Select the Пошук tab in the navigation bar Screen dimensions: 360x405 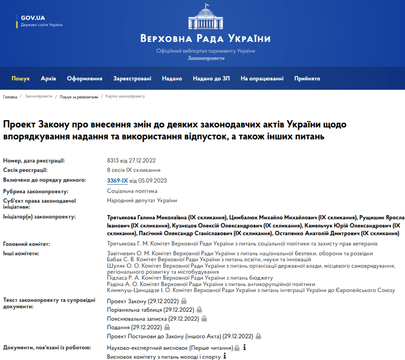pyautogui.click(x=21, y=79)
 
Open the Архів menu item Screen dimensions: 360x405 pyautogui.click(x=48, y=79)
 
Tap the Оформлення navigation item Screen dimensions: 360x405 pyautogui.click(x=84, y=79)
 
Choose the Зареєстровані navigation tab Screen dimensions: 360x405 pyautogui.click(x=132, y=79)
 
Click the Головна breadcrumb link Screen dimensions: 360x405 pyautogui.click(x=10, y=97)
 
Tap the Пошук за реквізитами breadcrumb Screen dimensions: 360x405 pyautogui.click(x=79, y=97)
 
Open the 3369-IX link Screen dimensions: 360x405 pyautogui.click(x=117, y=180)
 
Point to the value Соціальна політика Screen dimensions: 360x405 pyautogui.click(x=132, y=191)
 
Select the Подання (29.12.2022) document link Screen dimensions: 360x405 pyautogui.click(x=134, y=327)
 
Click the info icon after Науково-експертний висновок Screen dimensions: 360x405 pyautogui.click(x=244, y=348)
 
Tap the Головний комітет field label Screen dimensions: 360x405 pyautogui.click(x=27, y=244)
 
